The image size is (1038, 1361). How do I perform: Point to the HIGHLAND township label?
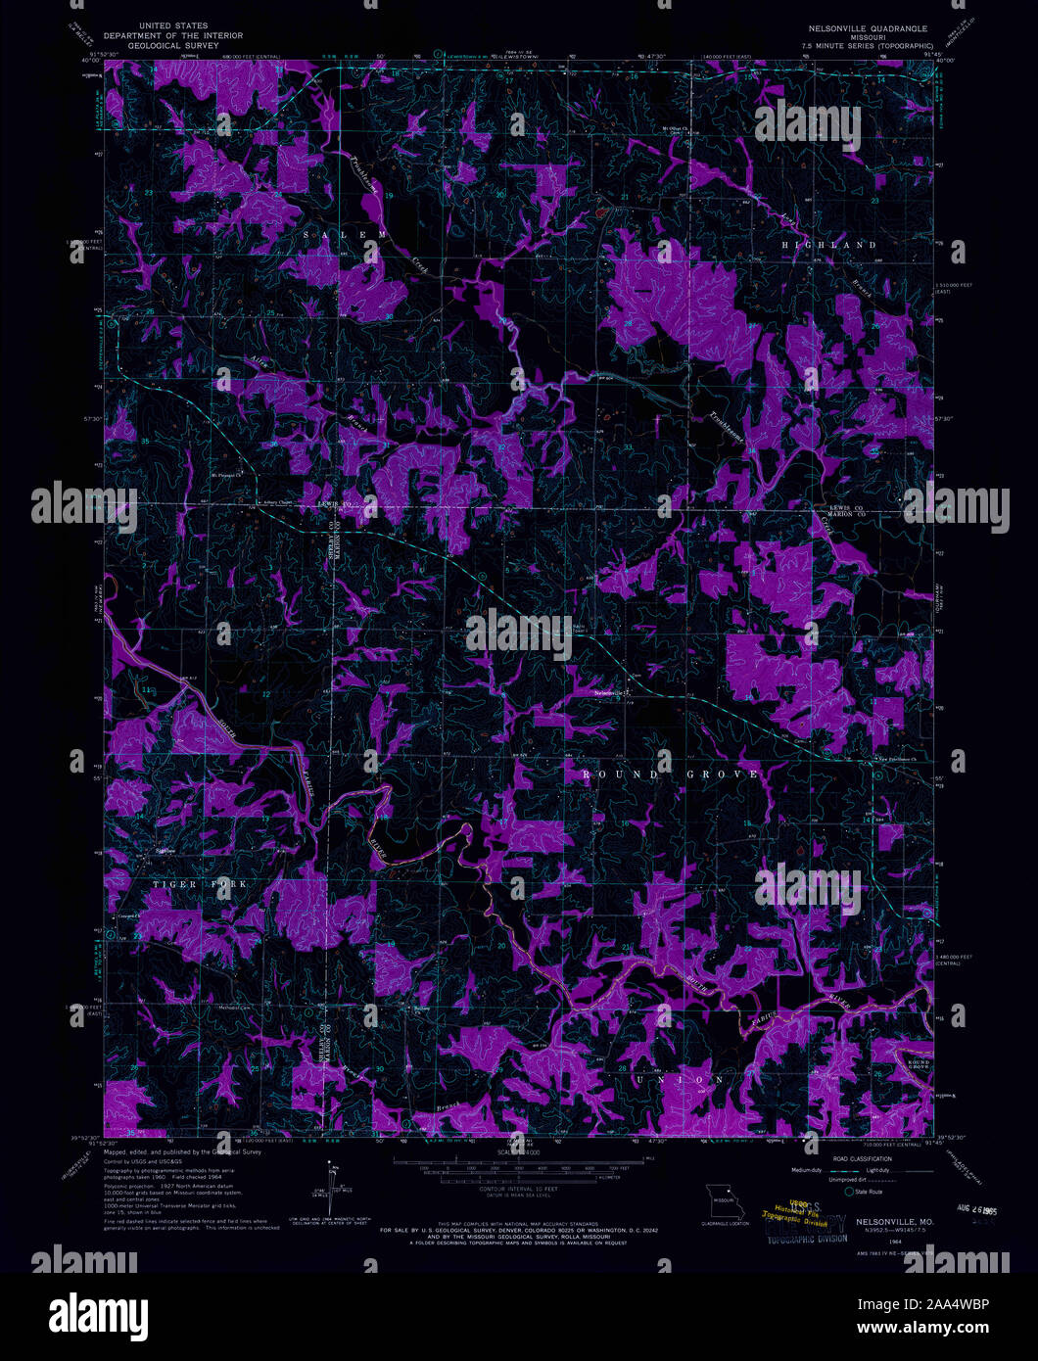click(826, 244)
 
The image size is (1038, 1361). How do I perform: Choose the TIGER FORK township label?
click(200, 884)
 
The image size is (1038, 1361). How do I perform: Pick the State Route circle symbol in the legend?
click(848, 1191)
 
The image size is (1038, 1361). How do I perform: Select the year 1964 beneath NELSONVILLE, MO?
click(869, 1242)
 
